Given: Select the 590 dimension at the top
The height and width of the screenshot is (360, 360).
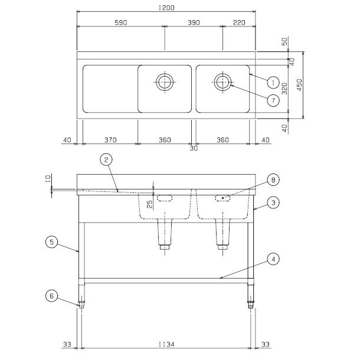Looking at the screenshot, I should [121, 22].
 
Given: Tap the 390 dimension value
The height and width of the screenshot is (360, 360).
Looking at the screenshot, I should [194, 22].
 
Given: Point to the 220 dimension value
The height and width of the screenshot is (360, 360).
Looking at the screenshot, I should [238, 22].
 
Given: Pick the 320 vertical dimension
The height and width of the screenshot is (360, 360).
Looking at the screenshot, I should [284, 89].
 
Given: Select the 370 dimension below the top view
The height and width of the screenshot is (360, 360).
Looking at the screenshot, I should [110, 140].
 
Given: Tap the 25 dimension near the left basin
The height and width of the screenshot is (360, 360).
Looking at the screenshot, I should [150, 204].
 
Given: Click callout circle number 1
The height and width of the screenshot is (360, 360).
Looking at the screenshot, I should [273, 81].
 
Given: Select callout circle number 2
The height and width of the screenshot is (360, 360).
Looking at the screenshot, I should [106, 159].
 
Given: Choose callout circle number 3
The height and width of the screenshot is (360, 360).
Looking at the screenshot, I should [273, 202].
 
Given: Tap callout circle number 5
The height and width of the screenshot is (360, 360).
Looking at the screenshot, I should [51, 241].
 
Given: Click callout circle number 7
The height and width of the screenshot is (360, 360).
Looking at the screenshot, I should [273, 100].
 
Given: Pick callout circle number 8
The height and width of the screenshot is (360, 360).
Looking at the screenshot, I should [273, 179].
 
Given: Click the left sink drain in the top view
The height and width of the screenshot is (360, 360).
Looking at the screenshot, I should [164, 81].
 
